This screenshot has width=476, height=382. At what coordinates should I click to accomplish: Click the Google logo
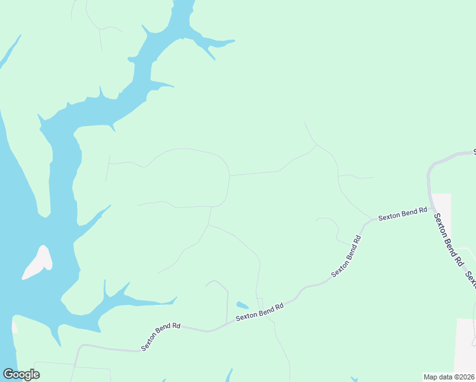[21, 374]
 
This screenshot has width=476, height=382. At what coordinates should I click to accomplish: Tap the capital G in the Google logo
[9, 374]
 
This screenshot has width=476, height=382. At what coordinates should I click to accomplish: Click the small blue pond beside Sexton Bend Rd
[242, 305]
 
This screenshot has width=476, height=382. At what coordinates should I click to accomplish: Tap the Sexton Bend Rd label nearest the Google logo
[160, 336]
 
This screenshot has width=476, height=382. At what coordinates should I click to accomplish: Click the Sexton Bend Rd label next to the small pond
[259, 312]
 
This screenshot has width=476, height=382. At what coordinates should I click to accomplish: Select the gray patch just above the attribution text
[465, 344]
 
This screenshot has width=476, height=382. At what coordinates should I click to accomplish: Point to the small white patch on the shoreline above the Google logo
[15, 326]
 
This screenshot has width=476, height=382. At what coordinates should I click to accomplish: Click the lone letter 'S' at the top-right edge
[474, 152]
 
